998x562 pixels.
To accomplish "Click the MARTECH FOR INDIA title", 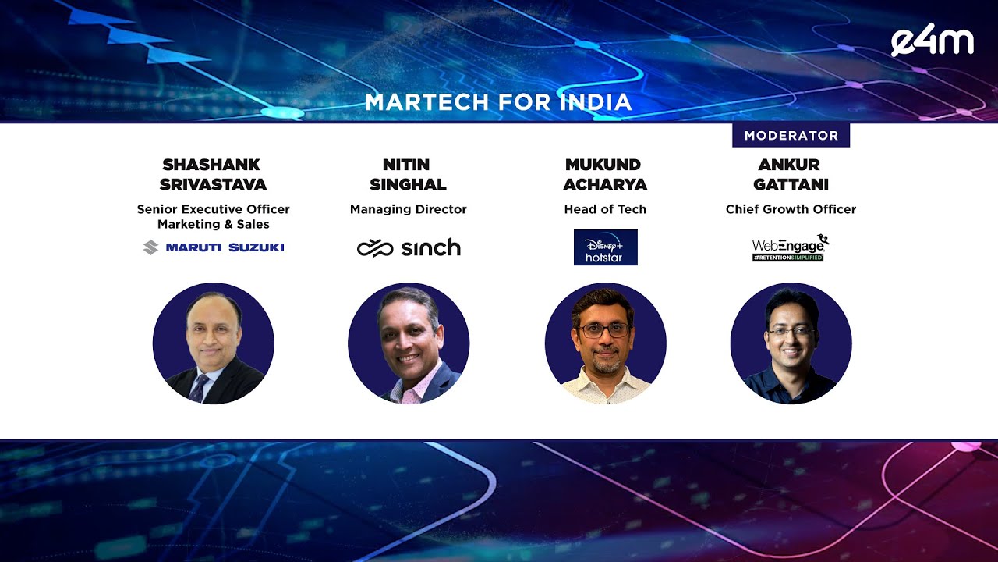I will [x=498, y=102].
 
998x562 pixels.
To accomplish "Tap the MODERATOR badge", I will [x=791, y=135].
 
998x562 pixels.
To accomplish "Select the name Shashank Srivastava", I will [x=213, y=174].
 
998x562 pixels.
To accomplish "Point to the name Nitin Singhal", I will [x=408, y=174].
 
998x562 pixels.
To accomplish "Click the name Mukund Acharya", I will [x=605, y=174].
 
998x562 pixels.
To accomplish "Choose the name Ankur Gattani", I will [x=791, y=174].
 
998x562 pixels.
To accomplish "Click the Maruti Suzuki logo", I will [x=214, y=247].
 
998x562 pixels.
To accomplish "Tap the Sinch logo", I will [x=409, y=248].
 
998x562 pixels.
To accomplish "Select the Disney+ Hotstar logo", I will [x=606, y=247].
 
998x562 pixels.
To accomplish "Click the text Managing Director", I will [x=408, y=209].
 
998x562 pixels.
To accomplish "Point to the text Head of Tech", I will [x=605, y=209].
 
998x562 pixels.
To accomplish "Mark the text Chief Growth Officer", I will [x=791, y=209].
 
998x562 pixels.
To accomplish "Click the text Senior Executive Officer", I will [x=213, y=209].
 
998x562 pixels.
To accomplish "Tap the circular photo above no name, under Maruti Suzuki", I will [x=214, y=343].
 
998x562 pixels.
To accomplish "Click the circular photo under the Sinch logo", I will [x=409, y=343].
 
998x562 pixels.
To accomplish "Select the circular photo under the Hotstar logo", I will [x=606, y=343].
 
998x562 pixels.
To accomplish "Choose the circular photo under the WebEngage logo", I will [x=791, y=343].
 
